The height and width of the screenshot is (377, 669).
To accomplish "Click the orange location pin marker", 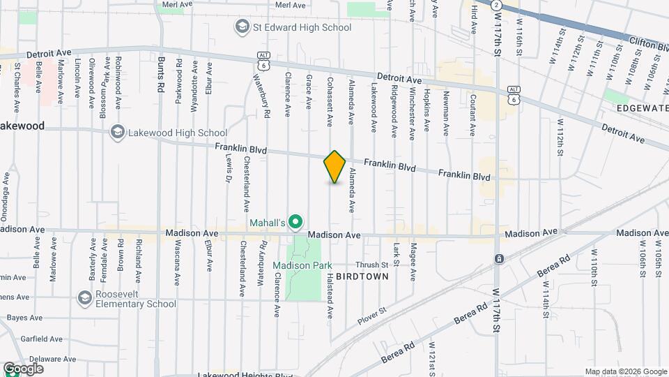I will pyautogui.click(x=335, y=167).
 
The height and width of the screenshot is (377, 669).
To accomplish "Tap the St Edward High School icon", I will pyautogui.click(x=243, y=27).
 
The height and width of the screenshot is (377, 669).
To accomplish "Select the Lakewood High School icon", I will pyautogui.click(x=117, y=132).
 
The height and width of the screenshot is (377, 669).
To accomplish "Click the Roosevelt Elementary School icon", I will pyautogui.click(x=84, y=298).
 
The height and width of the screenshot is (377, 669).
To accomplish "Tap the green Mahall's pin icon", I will pyautogui.click(x=295, y=222).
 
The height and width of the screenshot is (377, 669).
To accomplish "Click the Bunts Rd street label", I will pyautogui.click(x=160, y=71).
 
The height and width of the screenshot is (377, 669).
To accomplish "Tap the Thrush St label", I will pyautogui.click(x=371, y=265).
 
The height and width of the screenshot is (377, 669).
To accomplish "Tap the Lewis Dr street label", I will pyautogui.click(x=228, y=168).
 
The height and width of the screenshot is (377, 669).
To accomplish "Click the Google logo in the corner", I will pyautogui.click(x=24, y=369).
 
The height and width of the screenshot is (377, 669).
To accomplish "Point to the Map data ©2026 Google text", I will pyautogui.click(x=626, y=371).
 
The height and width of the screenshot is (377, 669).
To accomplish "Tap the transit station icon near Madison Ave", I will pyautogui.click(x=500, y=259).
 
